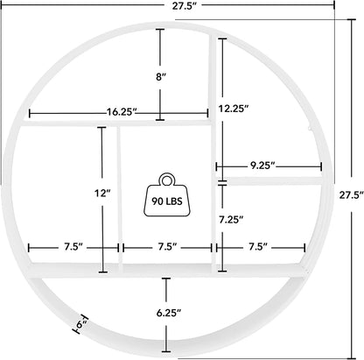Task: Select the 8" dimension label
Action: coord(160,76)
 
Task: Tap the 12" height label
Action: coord(103,192)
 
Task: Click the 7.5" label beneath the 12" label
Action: coord(71,248)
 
